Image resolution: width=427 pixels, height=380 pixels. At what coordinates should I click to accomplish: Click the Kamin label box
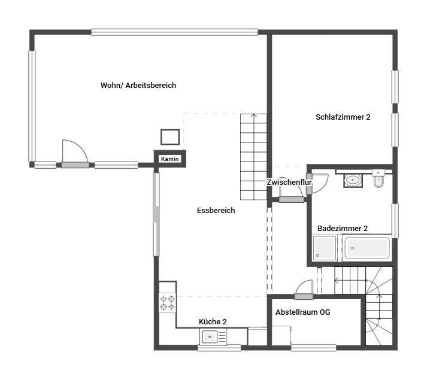click(x=170, y=159)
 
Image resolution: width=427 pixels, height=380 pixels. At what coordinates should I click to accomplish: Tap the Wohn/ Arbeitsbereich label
click(x=138, y=85)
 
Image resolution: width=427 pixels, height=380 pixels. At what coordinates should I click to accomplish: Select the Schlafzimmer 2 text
click(x=343, y=117)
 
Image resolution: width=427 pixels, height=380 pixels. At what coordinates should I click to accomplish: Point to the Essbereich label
click(x=216, y=210)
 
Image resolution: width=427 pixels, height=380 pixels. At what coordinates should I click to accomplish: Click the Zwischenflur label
click(x=289, y=182)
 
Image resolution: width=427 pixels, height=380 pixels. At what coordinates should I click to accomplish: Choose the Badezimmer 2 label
click(x=343, y=228)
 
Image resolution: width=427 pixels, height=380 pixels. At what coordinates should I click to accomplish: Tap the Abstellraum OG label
click(x=303, y=312)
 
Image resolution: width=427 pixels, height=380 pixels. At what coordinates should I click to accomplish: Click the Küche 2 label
click(x=213, y=321)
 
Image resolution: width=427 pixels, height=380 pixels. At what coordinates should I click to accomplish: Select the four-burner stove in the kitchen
click(x=168, y=303)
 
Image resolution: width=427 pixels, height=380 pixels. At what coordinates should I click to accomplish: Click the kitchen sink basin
click(x=210, y=337)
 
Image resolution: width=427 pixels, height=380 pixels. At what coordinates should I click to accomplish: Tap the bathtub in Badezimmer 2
click(x=367, y=248)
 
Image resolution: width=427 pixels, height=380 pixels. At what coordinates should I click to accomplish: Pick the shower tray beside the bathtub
click(x=325, y=248)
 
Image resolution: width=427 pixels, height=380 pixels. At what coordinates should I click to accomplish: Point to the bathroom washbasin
click(x=353, y=180)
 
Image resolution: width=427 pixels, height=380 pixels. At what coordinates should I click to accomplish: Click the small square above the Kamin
click(x=170, y=137)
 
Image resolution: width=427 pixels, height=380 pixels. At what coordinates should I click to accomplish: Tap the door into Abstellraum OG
click(x=304, y=290)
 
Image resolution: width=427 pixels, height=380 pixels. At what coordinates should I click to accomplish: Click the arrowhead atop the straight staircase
click(x=254, y=115)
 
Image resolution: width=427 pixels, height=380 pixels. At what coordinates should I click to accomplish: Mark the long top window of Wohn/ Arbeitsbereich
click(x=174, y=32)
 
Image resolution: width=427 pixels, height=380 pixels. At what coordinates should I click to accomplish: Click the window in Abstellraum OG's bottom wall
click(x=313, y=348)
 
